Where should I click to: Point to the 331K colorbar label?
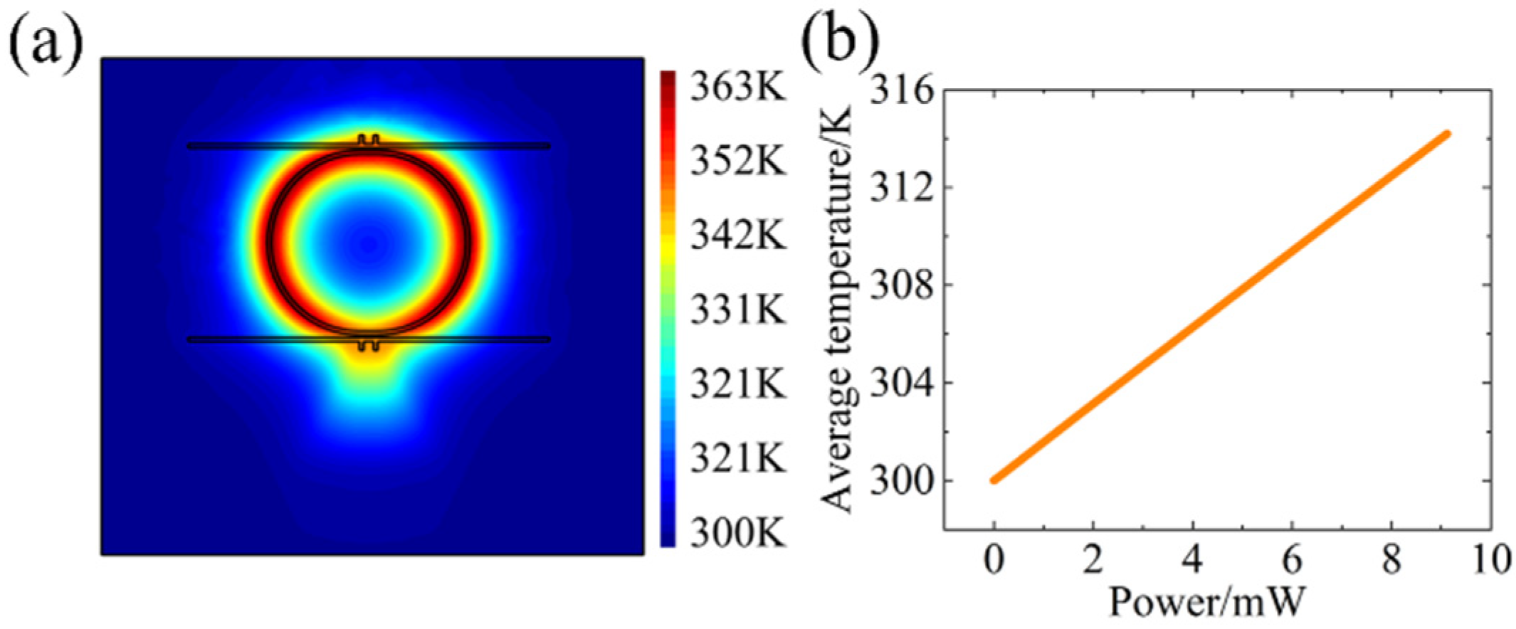[737, 310]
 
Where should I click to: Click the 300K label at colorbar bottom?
[737, 532]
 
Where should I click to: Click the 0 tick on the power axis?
[994, 560]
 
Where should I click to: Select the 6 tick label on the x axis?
[1292, 560]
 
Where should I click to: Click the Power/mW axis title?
[1209, 602]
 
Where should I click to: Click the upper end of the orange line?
[1447, 134]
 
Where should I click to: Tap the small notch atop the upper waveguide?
[368, 139]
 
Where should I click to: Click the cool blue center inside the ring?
[368, 244]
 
